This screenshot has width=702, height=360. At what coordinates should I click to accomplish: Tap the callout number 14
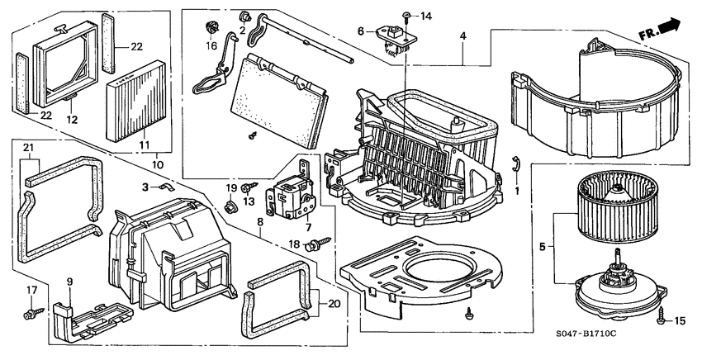pos(425,17)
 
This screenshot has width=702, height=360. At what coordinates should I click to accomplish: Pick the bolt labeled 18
pos(315,245)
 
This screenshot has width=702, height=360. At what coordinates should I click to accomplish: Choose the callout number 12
pos(72,119)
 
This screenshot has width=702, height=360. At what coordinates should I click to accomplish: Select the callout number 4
pos(462,36)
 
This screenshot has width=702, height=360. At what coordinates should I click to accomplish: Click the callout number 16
pos(211,47)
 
